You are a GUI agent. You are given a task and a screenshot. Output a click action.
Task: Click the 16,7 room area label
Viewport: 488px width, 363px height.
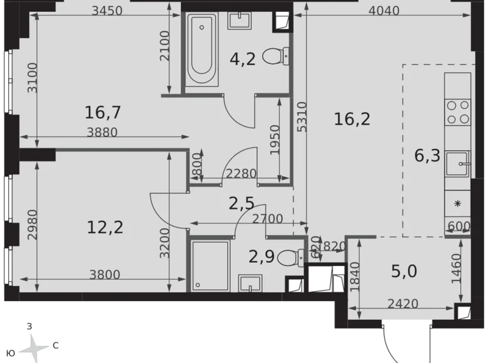tap(103, 113)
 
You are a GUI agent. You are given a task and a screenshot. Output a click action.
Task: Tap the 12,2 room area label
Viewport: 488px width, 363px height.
tap(105, 226)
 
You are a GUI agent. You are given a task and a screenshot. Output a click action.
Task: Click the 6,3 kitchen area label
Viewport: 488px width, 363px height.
tap(428, 155)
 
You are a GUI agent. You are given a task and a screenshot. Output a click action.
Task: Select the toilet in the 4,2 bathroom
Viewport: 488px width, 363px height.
tap(274, 57)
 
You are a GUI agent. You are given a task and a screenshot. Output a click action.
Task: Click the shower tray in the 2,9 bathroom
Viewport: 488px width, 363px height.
tap(210, 265)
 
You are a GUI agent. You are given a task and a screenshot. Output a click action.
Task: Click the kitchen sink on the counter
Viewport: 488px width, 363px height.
tap(457, 165)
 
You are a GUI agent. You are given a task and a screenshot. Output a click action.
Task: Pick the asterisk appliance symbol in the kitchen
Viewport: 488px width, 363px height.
tap(457, 203)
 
